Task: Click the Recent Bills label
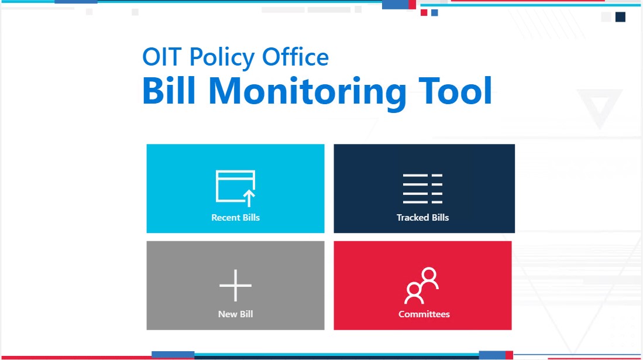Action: [235, 218]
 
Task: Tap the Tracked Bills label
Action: [423, 218]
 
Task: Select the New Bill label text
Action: [235, 314]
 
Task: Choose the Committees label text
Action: [424, 314]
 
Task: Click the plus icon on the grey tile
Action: [235, 285]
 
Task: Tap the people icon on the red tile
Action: [422, 285]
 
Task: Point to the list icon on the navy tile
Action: [422, 189]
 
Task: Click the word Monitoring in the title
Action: [308, 92]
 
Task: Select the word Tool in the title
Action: [455, 91]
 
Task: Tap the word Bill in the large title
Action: [169, 90]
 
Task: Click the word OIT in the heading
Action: [162, 57]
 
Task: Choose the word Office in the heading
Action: [295, 57]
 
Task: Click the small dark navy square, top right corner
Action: [620, 17]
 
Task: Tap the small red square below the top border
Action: [424, 13]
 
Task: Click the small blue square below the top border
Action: [435, 13]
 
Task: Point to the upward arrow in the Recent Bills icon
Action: [249, 197]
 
